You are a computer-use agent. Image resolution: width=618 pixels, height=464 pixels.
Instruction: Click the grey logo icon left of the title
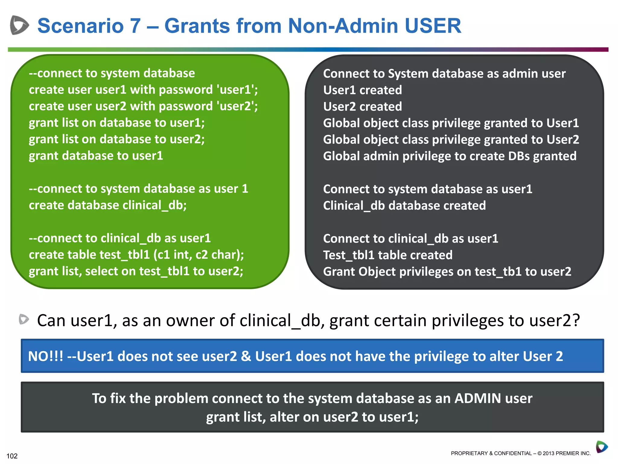[19, 25]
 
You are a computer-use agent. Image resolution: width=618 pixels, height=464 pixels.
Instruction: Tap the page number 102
[12, 456]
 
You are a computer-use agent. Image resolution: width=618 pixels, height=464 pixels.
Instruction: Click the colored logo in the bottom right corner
[602, 447]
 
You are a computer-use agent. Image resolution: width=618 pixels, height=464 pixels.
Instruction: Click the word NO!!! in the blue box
[46, 356]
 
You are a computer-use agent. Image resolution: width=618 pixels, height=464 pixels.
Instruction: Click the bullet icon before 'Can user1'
[24, 320]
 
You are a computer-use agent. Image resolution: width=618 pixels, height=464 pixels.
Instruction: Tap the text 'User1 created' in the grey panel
[362, 90]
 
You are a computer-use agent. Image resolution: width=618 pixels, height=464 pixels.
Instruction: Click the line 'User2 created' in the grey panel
[362, 107]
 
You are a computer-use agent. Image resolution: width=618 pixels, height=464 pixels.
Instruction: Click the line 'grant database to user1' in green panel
[96, 156]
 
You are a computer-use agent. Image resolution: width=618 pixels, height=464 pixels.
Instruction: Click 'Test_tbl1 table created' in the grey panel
[388, 255]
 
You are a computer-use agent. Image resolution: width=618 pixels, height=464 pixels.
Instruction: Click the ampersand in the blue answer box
[246, 356]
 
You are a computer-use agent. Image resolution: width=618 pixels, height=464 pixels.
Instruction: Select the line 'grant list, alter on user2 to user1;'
[312, 417]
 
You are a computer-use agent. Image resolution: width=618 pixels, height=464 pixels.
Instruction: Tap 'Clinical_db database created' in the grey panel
[404, 206]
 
